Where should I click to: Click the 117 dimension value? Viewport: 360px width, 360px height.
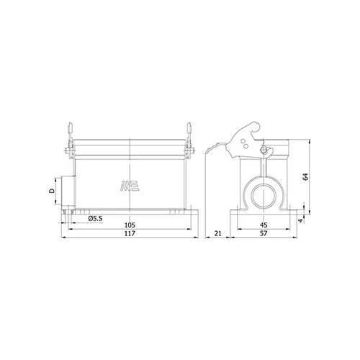(x=130, y=233)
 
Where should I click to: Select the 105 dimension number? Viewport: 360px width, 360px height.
(x=130, y=225)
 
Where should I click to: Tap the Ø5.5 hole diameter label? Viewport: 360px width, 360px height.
(x=95, y=218)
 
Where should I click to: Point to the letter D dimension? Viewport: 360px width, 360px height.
(x=52, y=191)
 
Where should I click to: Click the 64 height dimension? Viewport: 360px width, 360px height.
(x=305, y=176)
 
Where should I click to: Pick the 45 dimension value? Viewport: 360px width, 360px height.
(x=264, y=225)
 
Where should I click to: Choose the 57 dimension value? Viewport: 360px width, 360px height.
(x=264, y=233)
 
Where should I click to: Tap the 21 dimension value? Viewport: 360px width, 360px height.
(x=217, y=233)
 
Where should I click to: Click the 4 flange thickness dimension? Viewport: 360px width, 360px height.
(x=301, y=220)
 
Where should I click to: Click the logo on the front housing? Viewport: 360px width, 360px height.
(x=130, y=186)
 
